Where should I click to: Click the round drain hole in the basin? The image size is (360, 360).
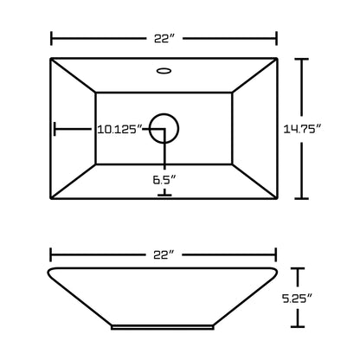(164, 129)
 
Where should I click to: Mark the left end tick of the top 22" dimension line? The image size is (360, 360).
(51, 38)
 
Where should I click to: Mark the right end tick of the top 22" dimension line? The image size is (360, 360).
(276, 38)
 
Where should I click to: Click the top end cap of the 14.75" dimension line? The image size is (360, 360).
(300, 59)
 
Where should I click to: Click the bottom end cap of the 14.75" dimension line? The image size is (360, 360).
(300, 198)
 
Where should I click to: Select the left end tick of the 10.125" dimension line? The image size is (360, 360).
(55, 129)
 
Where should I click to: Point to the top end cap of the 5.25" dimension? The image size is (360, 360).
(299, 269)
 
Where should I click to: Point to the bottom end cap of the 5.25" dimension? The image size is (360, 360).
(299, 328)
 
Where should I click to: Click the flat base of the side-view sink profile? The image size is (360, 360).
(164, 327)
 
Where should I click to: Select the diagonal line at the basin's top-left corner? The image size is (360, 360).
(73, 75)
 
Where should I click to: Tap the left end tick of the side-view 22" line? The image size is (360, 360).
(51, 254)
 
